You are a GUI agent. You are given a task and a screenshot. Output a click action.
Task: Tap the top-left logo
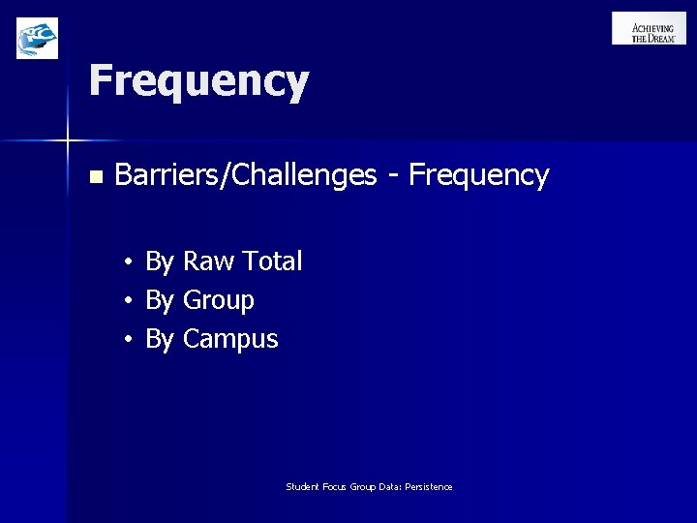pos(37,38)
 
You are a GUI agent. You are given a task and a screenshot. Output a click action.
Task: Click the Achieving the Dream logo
pos(649,28)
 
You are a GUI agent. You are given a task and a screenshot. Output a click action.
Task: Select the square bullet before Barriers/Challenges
pos(94,177)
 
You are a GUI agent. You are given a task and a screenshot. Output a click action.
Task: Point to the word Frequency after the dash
pos(478,175)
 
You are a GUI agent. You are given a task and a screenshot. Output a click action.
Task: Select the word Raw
pos(208,261)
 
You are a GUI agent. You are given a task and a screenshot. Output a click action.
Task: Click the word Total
pos(272,261)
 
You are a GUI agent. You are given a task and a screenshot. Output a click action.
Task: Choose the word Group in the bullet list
pos(219,301)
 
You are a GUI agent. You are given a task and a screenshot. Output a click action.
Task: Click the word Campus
pos(230,340)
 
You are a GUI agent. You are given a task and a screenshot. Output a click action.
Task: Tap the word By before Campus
pos(159,340)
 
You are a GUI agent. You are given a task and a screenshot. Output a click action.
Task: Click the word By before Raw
pos(159,261)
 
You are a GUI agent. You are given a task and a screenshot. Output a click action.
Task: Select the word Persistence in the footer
pos(429,487)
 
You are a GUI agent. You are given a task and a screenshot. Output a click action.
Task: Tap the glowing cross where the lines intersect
pos(68,141)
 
